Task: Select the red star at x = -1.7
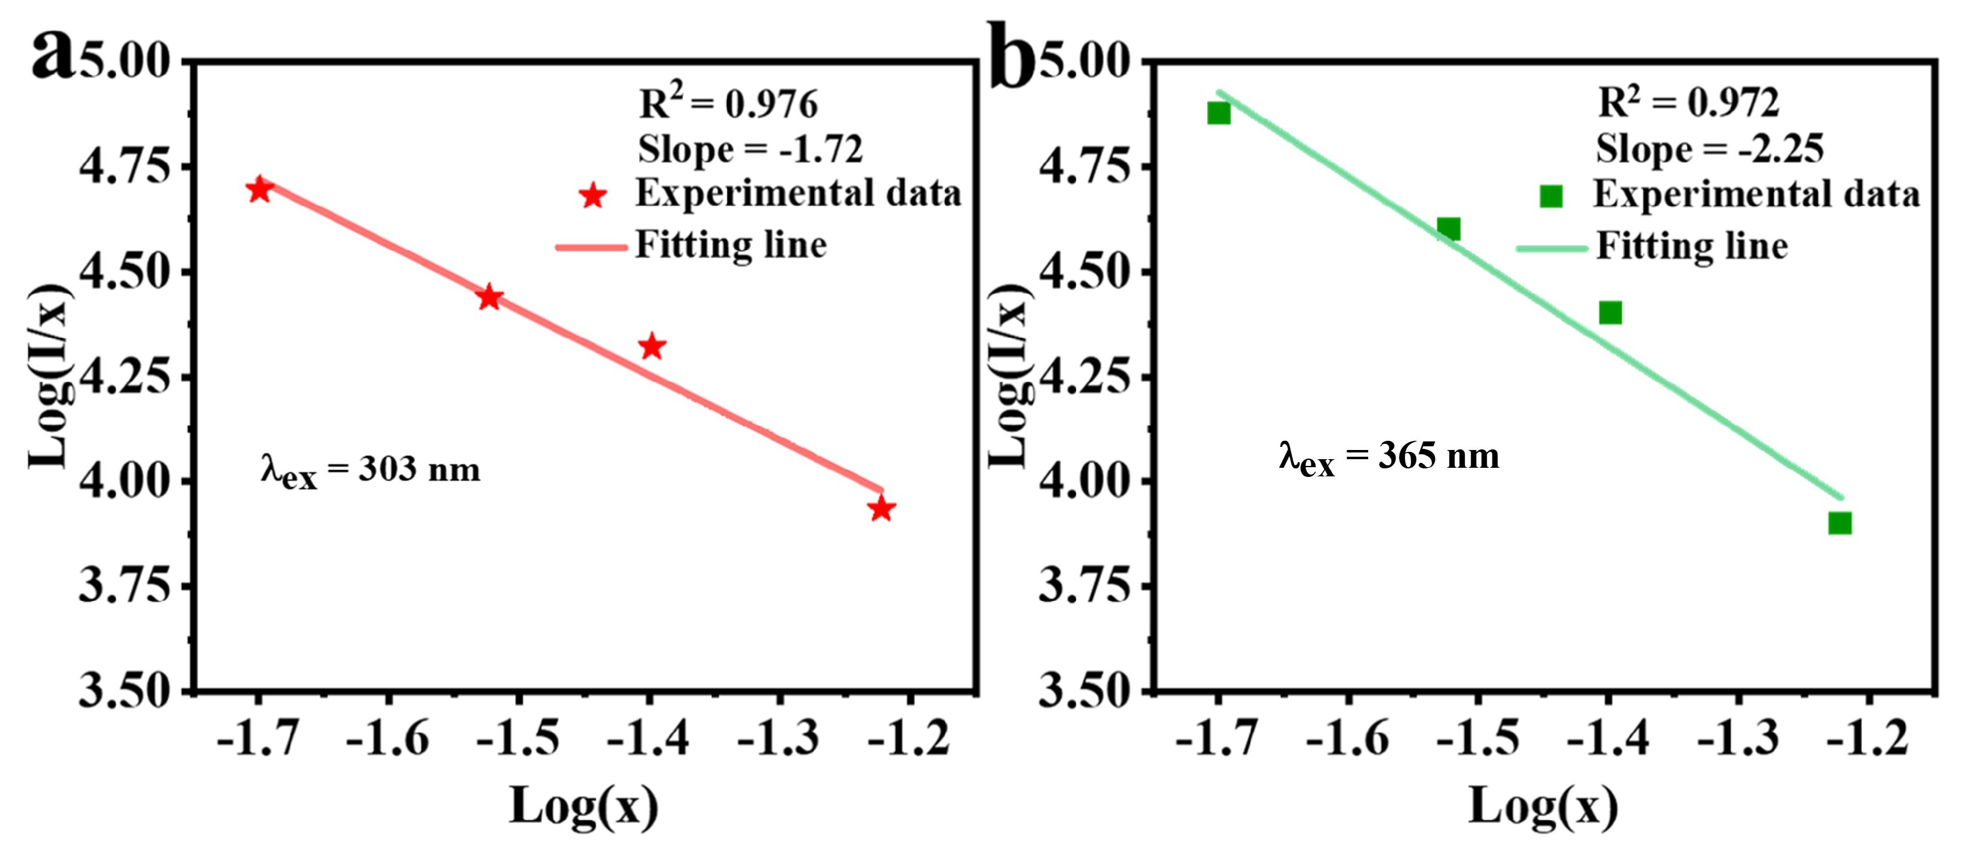pyautogui.click(x=260, y=189)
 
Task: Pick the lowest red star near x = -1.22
pyautogui.click(x=881, y=508)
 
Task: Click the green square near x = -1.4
pyautogui.click(x=1610, y=312)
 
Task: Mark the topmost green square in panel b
pyautogui.click(x=1219, y=113)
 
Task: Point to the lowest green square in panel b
pyautogui.click(x=1840, y=522)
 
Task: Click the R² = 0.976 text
pyautogui.click(x=728, y=104)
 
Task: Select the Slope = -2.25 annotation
pyautogui.click(x=1710, y=148)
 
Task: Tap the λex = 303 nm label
pyautogui.click(x=371, y=471)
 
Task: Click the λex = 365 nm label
pyautogui.click(x=1389, y=458)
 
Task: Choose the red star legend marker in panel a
pyautogui.click(x=592, y=196)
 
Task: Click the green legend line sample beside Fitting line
pyautogui.click(x=1551, y=248)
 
